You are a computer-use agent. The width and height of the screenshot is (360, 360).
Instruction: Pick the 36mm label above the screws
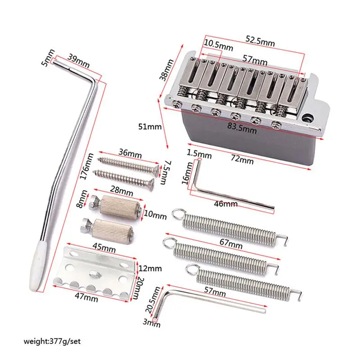(x=129, y=153)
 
